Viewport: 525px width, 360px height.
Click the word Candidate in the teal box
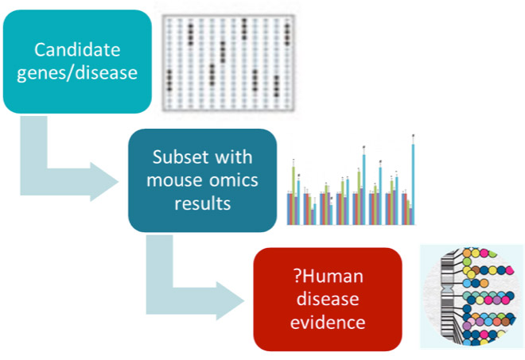coord(77,50)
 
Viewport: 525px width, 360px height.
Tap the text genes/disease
coord(77,73)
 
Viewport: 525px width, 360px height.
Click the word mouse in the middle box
coord(173,180)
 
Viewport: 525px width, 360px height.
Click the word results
coord(203,203)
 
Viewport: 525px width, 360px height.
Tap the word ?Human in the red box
coord(328,277)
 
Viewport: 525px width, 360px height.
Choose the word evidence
coord(328,323)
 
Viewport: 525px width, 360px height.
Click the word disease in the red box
coord(328,299)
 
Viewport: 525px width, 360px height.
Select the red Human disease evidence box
coord(328,300)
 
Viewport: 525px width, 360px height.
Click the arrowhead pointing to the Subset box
coord(104,182)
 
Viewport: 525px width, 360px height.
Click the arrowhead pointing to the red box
coord(230,300)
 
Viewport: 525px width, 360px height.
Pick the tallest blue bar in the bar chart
coord(413,184)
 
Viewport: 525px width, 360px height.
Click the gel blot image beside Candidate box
coord(228,63)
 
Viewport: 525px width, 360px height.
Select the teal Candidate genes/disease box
coord(77,61)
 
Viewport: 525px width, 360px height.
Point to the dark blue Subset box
coord(203,180)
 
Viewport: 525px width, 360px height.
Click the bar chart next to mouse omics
coord(351,180)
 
